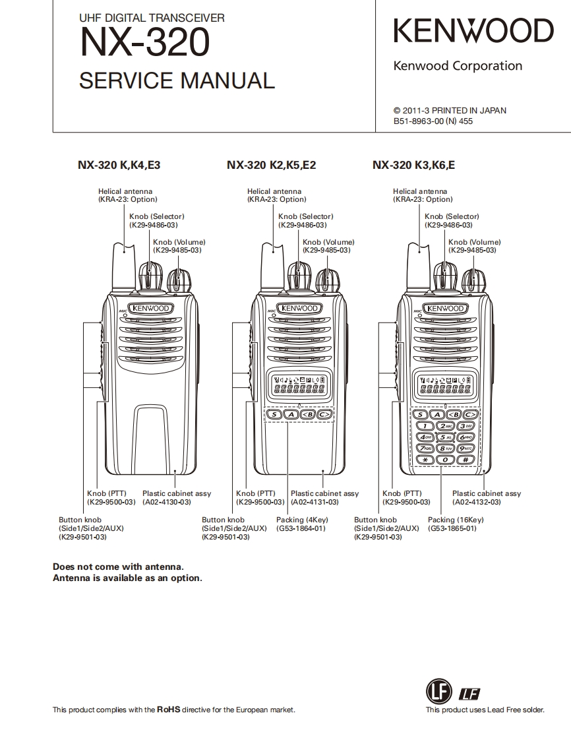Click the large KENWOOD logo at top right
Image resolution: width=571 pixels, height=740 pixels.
point(473,32)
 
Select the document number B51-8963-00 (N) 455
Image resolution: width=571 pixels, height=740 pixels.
point(433,121)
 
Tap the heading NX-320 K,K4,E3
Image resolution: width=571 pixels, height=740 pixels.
point(119,166)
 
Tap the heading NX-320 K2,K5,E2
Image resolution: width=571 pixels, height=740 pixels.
point(271,166)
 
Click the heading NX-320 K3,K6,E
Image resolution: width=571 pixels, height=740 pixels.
point(413,166)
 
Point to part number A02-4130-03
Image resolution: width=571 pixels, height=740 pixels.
point(167,502)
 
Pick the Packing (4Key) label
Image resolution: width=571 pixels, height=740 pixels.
point(302,520)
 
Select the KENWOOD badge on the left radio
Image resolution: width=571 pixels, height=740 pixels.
point(151,308)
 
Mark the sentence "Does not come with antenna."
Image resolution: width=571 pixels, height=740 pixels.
point(118,567)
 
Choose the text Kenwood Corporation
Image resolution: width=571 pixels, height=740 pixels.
point(458,66)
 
